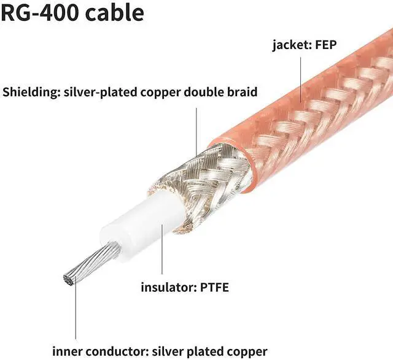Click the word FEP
[330, 45]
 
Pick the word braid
[243, 93]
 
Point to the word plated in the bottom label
[208, 351]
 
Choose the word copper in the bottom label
[248, 351]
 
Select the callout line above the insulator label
[162, 251]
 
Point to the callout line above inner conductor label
[76, 313]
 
